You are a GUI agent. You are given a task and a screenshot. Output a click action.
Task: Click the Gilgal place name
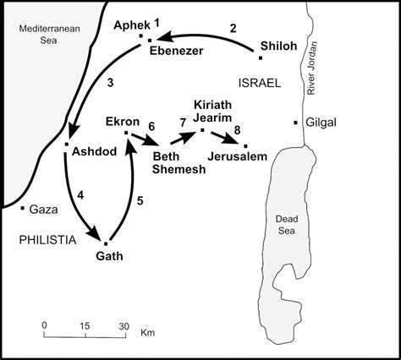321,123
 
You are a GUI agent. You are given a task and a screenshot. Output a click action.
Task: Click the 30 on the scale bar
124,325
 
